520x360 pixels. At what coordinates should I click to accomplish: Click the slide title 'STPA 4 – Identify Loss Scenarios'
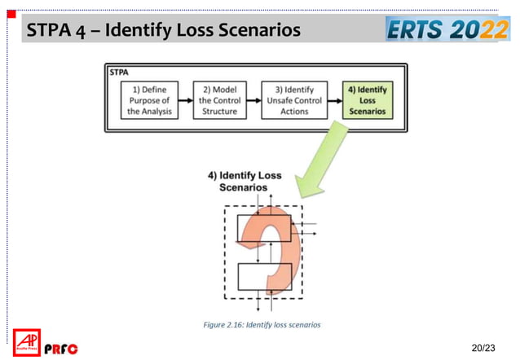pos(164,32)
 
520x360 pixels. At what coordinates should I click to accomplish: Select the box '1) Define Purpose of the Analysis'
pos(149,100)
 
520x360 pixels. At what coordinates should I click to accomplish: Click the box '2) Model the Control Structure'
pos(218,100)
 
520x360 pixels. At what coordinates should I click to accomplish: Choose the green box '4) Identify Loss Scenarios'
pos(366,100)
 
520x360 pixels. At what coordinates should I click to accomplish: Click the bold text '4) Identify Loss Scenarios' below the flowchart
pos(245,181)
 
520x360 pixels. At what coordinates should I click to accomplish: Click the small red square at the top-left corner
pos(11,14)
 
